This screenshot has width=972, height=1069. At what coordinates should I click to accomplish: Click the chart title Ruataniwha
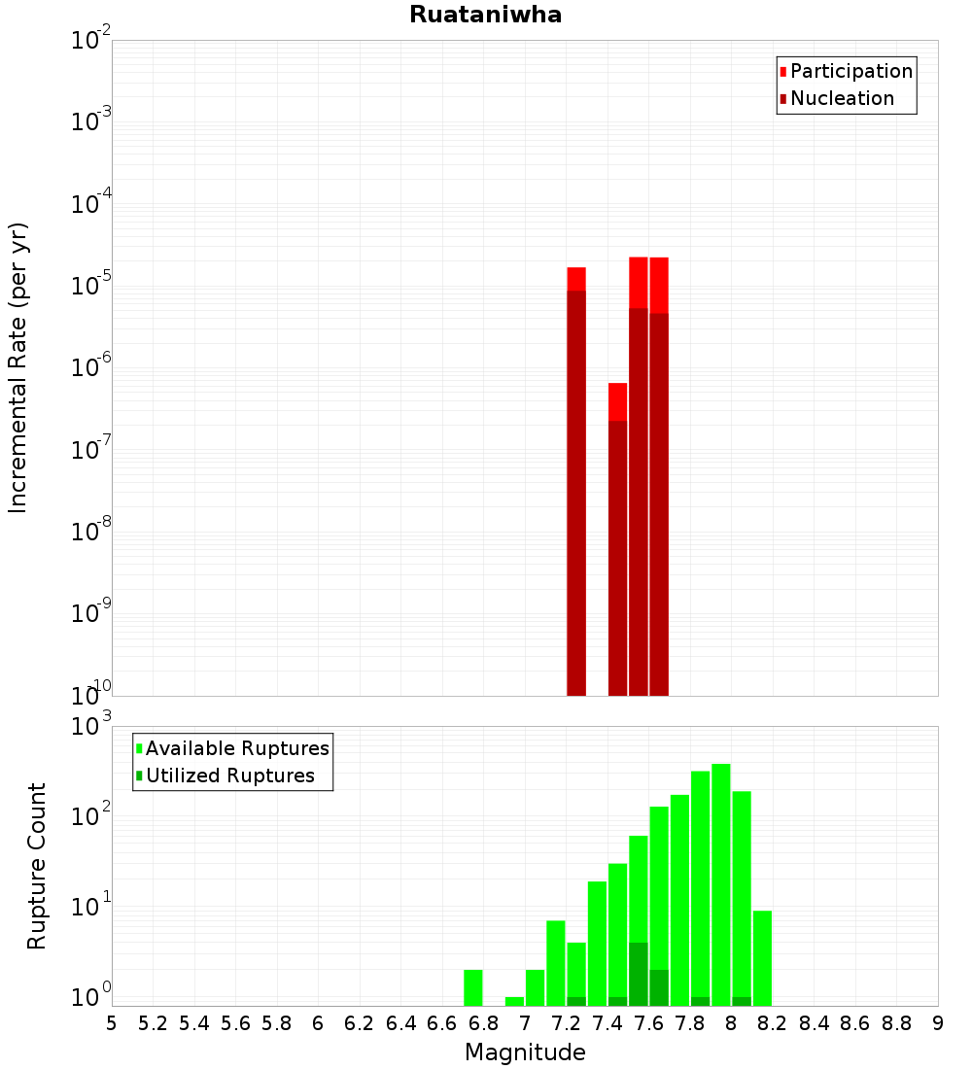point(485,16)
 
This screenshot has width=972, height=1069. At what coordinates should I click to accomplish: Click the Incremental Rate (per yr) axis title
point(18,367)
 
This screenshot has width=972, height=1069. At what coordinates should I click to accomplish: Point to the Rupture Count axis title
point(37,865)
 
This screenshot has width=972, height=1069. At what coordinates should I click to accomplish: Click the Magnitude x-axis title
point(525,1052)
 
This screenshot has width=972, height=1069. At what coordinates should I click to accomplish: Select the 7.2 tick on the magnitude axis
point(566,1022)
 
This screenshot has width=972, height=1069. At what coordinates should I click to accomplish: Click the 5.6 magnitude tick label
point(235,1022)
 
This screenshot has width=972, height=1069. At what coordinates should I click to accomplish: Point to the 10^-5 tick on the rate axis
point(91,286)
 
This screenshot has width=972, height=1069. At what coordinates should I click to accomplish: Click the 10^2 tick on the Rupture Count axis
point(91,815)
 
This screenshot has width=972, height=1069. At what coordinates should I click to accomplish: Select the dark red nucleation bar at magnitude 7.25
point(576,486)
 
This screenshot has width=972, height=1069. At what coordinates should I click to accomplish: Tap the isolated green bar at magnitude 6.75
point(473,987)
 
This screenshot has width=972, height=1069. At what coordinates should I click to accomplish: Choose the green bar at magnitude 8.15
point(762,957)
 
